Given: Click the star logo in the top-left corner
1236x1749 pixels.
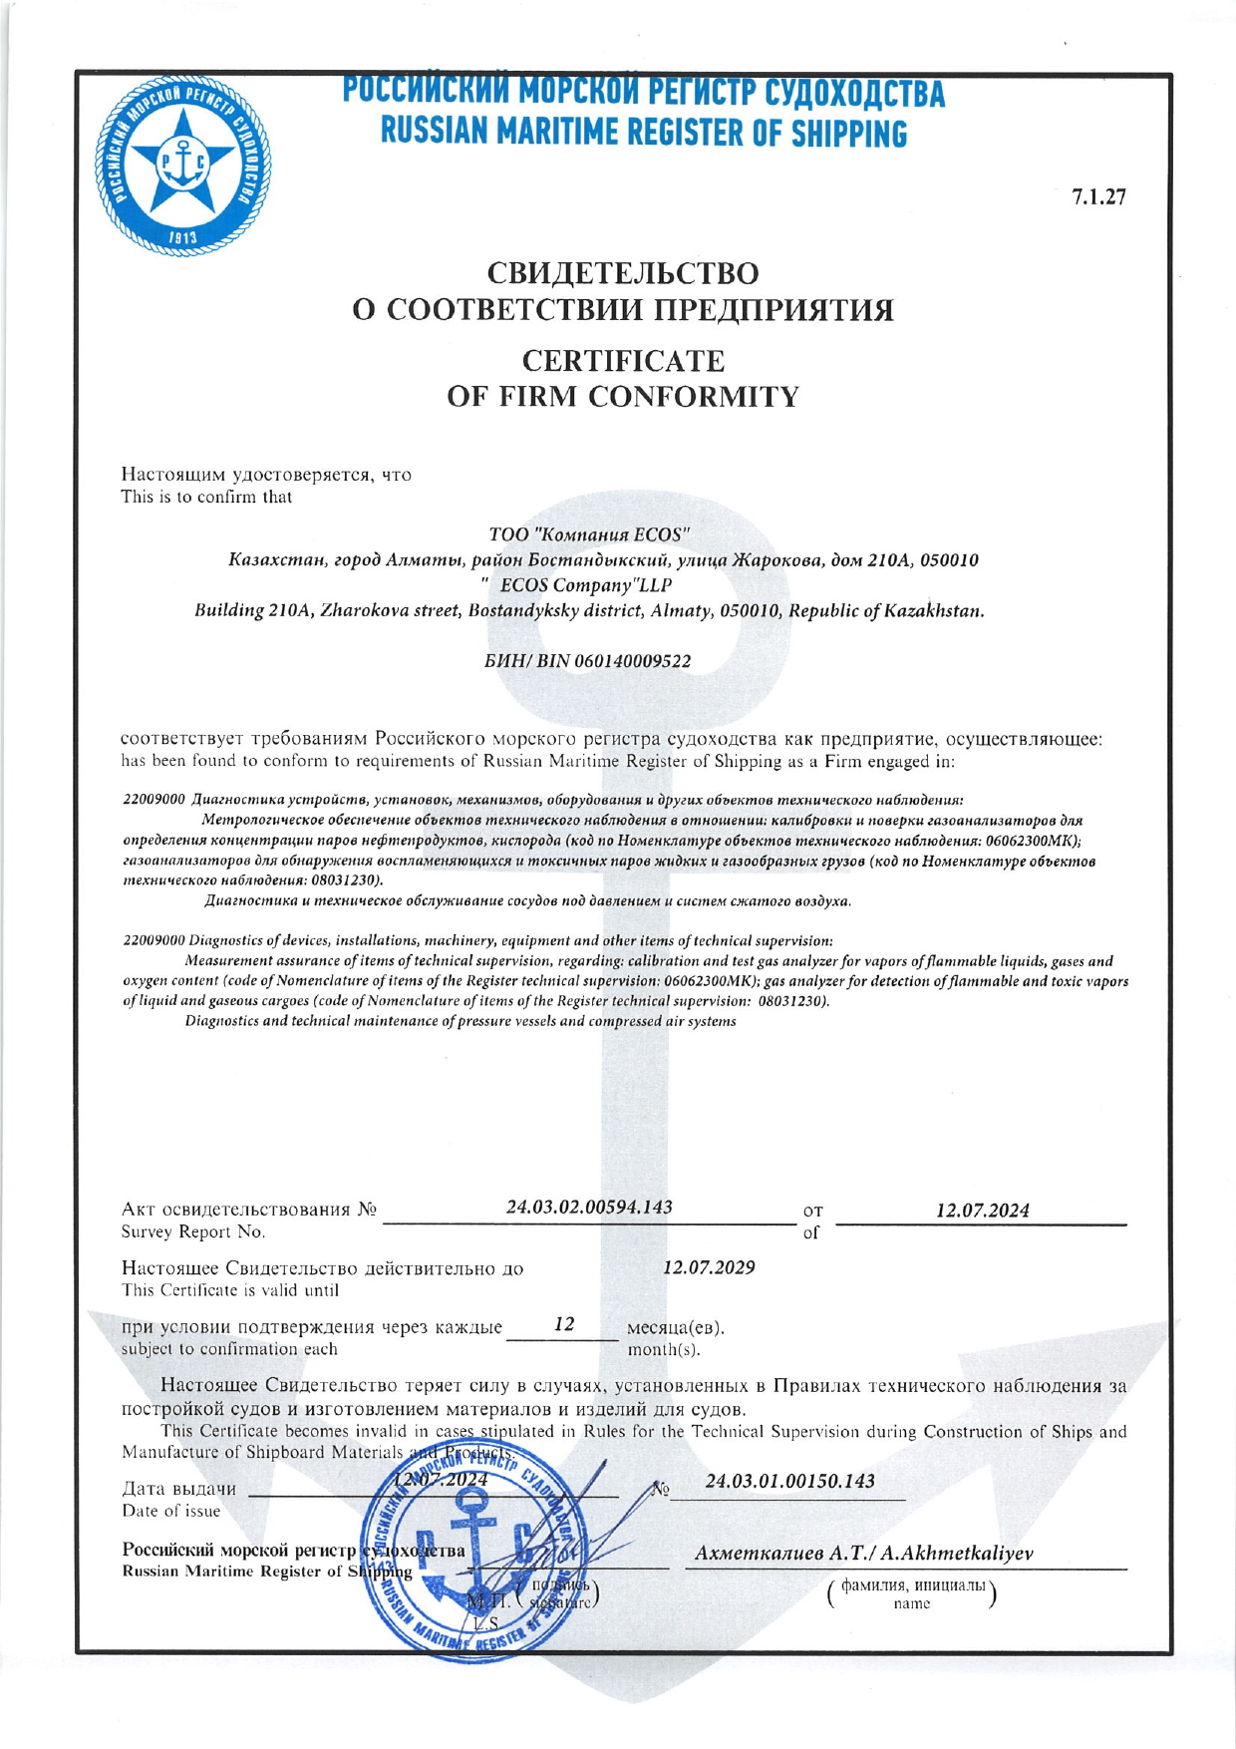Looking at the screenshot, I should [x=182, y=165].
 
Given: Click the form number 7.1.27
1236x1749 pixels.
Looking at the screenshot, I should [x=1098, y=196].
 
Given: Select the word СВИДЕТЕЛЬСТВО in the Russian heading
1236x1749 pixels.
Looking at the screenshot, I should [x=623, y=272].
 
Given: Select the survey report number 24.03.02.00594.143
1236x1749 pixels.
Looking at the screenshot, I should [x=589, y=1207].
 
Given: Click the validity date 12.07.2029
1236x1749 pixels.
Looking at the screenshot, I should [x=709, y=1267].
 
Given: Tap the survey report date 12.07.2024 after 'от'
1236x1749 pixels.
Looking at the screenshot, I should [x=982, y=1211].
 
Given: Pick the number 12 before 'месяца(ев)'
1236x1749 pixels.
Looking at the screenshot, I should [x=564, y=1324].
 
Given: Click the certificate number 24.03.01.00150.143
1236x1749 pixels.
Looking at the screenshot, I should [x=789, y=1481].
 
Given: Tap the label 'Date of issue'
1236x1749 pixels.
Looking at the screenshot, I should [x=170, y=1511].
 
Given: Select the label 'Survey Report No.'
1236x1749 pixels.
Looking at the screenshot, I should [x=193, y=1232].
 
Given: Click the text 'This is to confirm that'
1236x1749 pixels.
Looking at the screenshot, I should [x=206, y=497].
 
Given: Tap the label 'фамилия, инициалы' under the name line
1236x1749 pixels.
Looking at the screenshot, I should [x=912, y=1585].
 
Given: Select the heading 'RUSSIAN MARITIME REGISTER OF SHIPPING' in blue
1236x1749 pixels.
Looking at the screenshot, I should [x=644, y=133].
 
